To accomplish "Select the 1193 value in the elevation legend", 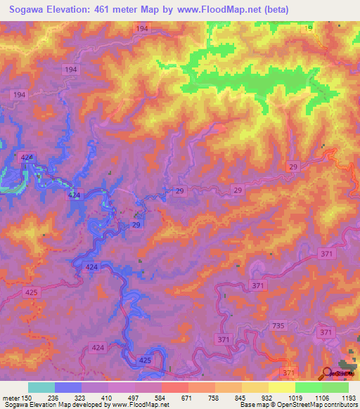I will [x=348, y=397].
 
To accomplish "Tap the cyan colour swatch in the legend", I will [x=41, y=387].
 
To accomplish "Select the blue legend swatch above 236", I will [x=67, y=387].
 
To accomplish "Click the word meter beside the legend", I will [x=13, y=397].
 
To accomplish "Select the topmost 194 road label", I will [x=143, y=28].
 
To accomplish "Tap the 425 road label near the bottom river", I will [x=146, y=360].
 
